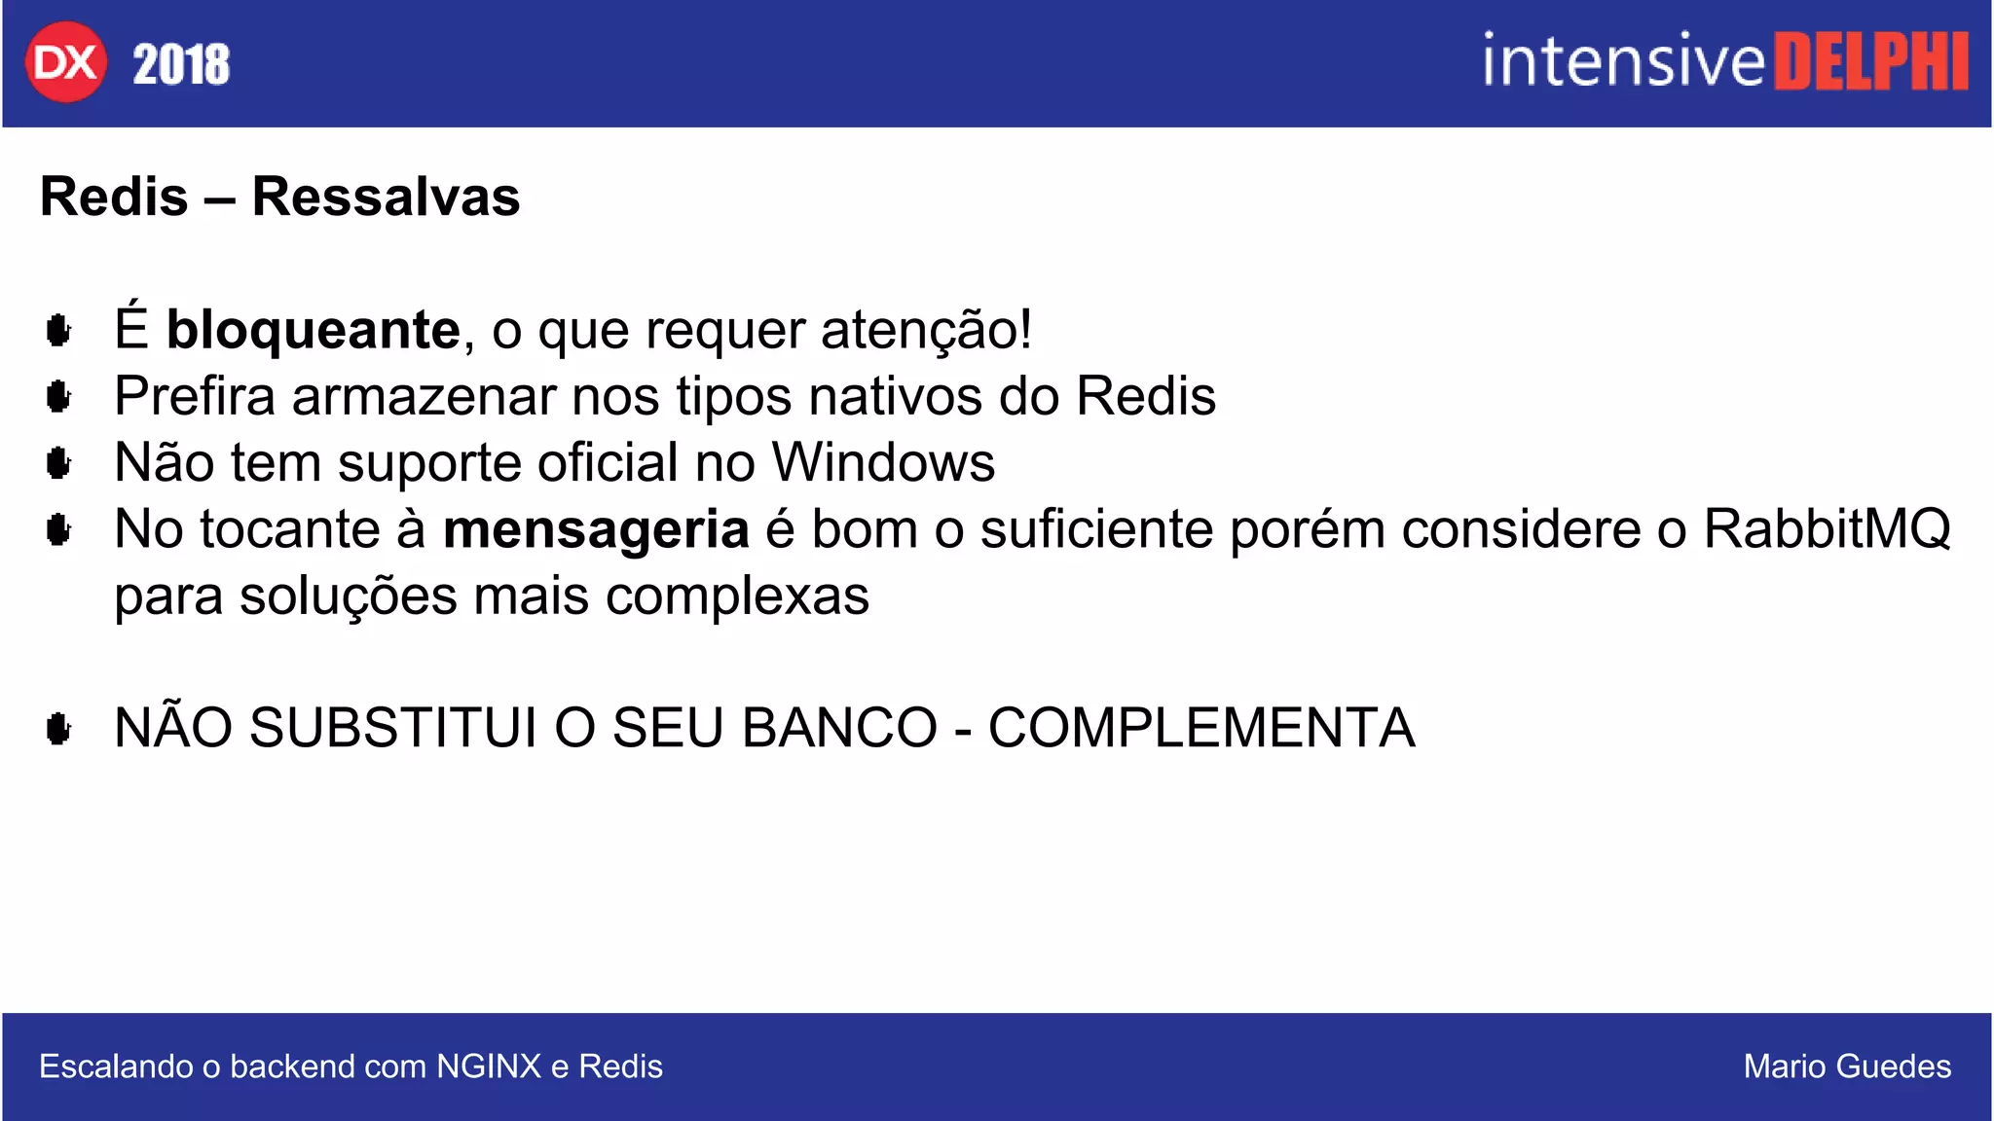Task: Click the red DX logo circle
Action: [x=65, y=62]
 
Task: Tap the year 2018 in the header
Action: [x=181, y=64]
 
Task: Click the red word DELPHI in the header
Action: [x=1870, y=62]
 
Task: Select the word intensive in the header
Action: [x=1623, y=61]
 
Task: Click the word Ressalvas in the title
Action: [x=386, y=197]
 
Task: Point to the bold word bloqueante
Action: [x=313, y=330]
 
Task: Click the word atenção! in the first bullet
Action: [x=926, y=330]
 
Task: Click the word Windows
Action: [x=883, y=462]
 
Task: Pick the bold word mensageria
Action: [x=596, y=529]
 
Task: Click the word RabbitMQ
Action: [x=1828, y=529]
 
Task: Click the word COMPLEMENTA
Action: [x=1201, y=728]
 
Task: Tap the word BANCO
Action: [x=839, y=728]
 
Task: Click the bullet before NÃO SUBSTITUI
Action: [x=58, y=728]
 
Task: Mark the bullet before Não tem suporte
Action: [x=58, y=463]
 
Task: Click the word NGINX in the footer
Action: [x=488, y=1067]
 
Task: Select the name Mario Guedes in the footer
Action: [x=1847, y=1067]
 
